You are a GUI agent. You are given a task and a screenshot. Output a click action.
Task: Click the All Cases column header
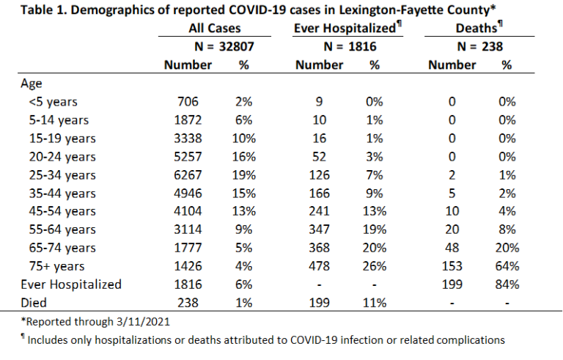(215, 28)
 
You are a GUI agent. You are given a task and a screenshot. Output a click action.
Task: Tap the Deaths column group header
(479, 28)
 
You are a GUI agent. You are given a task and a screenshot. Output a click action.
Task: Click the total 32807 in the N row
(237, 46)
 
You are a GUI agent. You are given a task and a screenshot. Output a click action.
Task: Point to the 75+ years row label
(56, 266)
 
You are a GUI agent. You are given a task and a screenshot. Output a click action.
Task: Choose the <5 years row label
(53, 102)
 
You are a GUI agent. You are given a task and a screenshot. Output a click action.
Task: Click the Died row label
(34, 303)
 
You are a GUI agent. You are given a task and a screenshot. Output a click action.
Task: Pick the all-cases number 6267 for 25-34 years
(188, 175)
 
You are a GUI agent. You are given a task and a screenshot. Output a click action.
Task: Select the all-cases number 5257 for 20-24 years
(188, 157)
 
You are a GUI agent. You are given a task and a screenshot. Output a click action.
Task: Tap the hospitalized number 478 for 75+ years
(319, 266)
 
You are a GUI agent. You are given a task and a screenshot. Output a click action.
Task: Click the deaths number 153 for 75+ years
(452, 266)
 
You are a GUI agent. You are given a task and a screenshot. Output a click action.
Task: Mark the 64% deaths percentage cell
(507, 266)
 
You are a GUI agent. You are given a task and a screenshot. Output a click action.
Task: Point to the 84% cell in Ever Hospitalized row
(507, 284)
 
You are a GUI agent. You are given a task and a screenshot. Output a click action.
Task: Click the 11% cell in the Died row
(374, 303)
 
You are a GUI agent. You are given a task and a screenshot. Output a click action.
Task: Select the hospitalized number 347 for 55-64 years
(319, 229)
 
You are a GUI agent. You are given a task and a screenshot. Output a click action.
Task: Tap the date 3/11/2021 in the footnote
(143, 321)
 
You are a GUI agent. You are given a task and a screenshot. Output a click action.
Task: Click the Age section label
(32, 84)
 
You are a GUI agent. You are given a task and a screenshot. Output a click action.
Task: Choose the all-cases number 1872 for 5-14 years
(188, 120)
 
